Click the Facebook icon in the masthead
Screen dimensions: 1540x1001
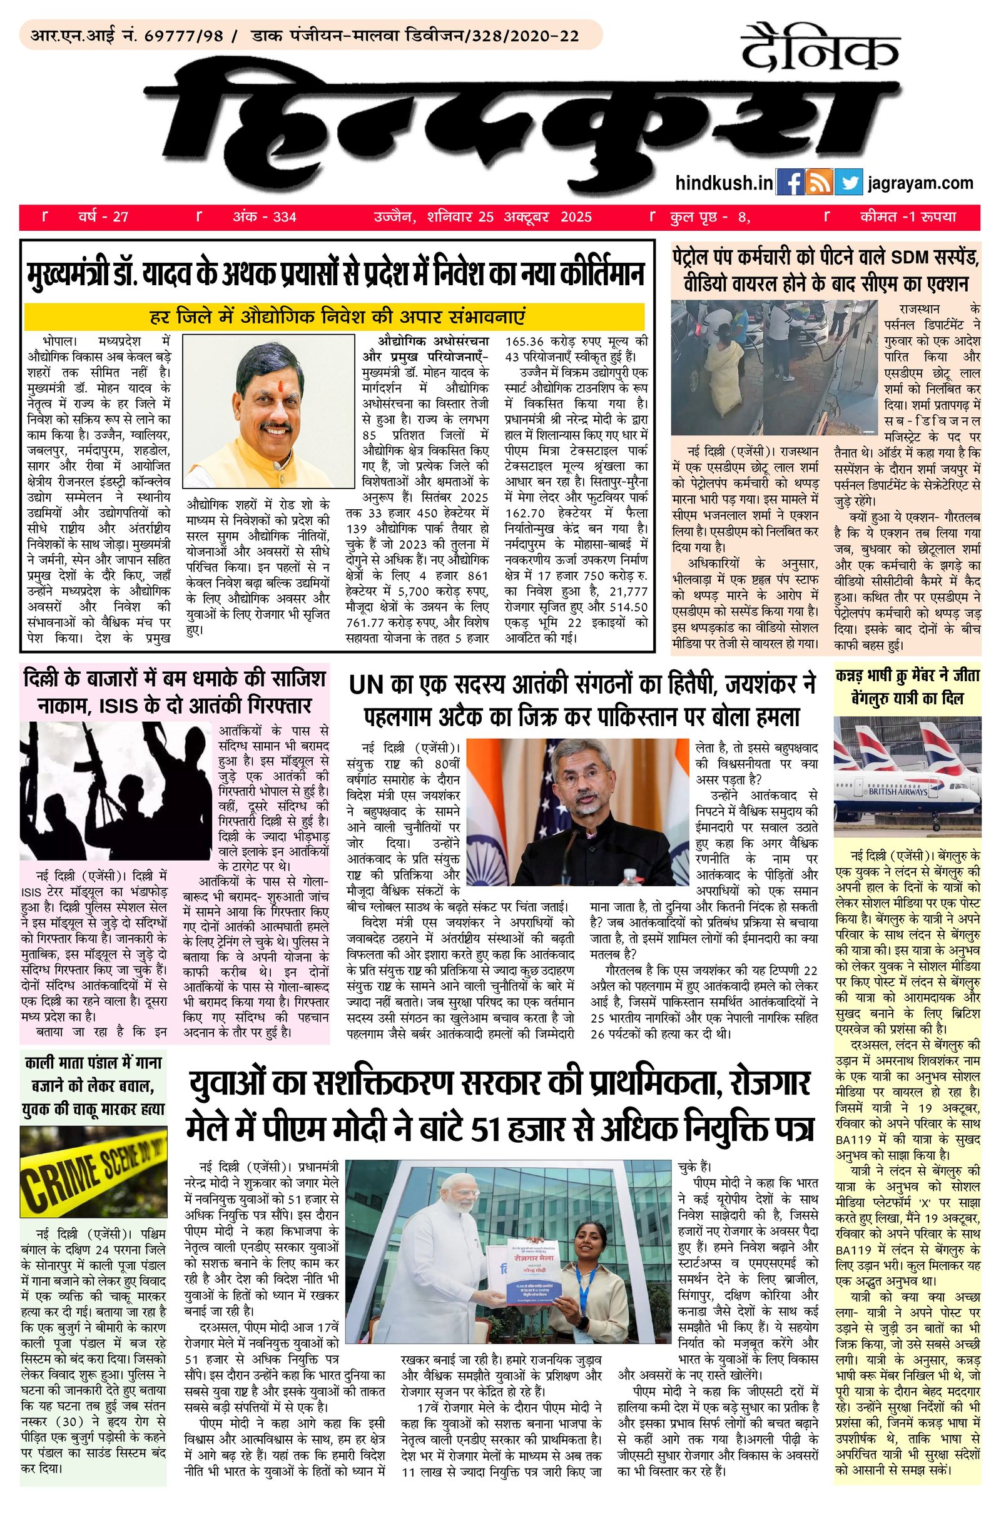click(x=789, y=183)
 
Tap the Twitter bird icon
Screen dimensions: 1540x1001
click(x=848, y=183)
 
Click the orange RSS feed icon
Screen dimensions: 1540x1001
click(x=818, y=183)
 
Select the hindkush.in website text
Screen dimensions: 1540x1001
click(x=724, y=184)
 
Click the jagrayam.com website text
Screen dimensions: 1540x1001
click(x=921, y=184)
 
